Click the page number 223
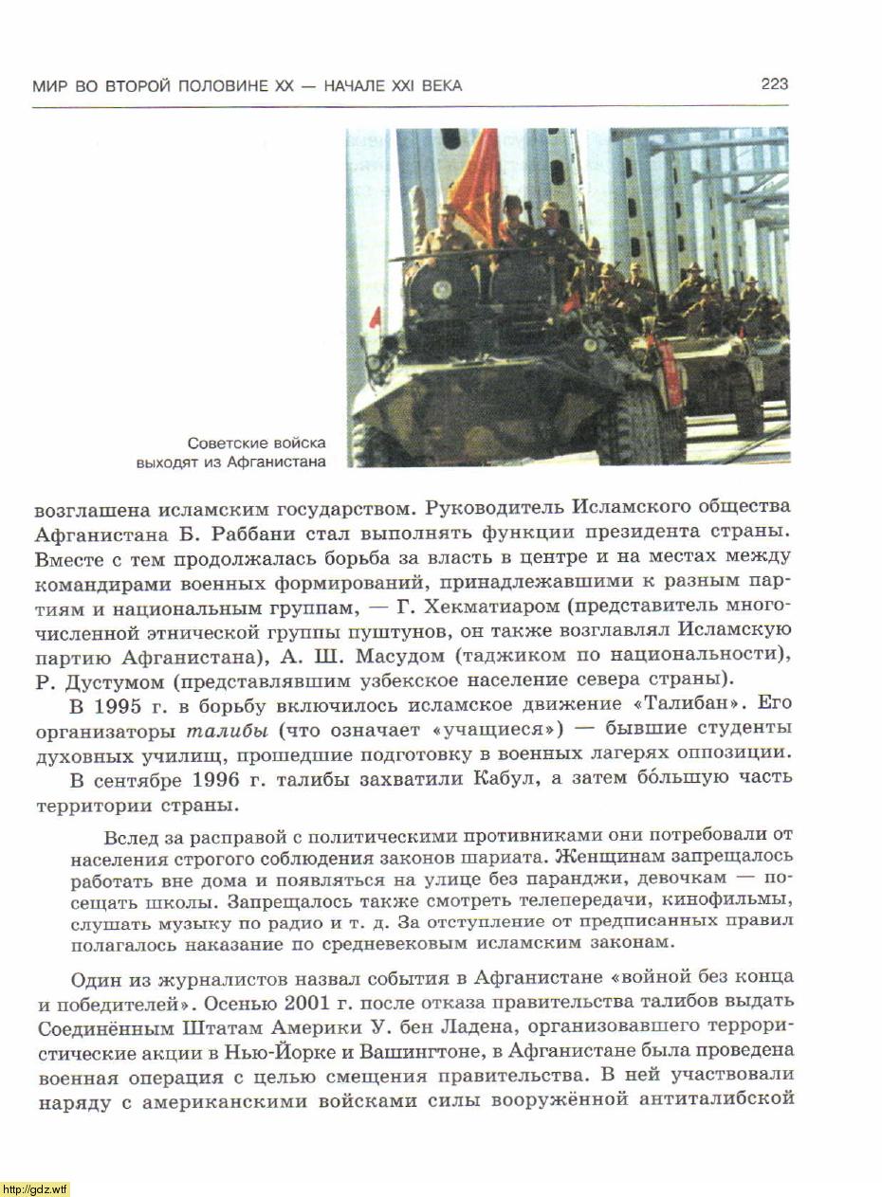(x=774, y=84)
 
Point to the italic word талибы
(x=220, y=731)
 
